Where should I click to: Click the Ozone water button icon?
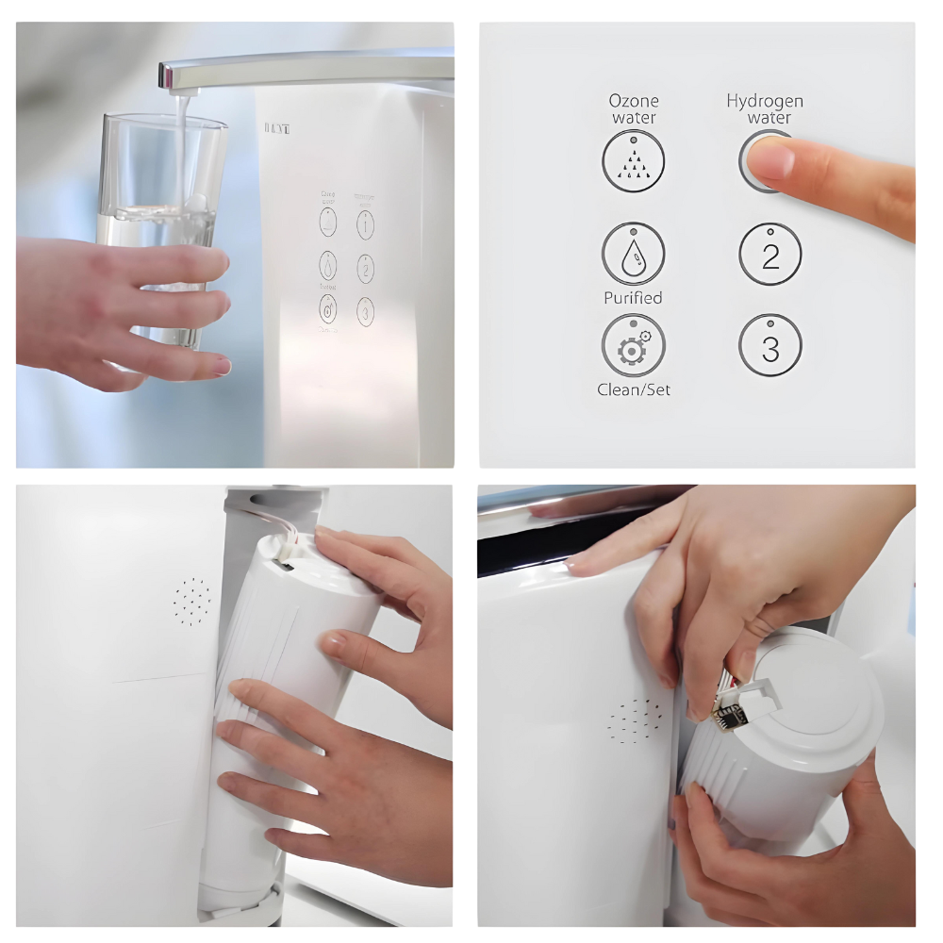634,161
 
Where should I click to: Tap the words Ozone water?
634,108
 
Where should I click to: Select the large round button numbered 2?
770,256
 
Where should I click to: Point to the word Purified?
634,298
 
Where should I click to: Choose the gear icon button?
634,346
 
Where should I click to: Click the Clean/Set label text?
634,389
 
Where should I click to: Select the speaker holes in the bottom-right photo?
637,720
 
